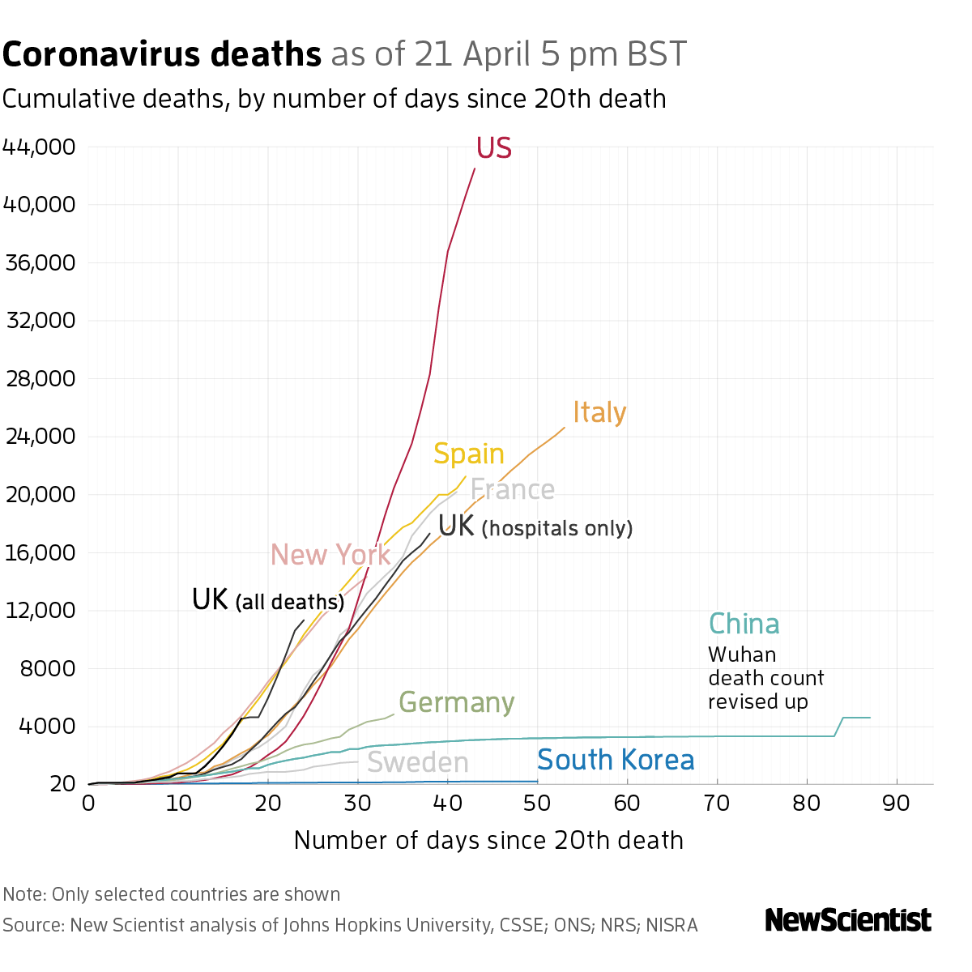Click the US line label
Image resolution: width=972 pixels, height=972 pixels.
coord(493,148)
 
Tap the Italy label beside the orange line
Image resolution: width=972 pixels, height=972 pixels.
coord(599,412)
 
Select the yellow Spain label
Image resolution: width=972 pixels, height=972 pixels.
coord(468,454)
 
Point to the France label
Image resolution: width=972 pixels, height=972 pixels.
coord(512,490)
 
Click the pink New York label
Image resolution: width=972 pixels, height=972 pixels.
coord(330,555)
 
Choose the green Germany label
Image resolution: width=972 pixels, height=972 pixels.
coord(456,702)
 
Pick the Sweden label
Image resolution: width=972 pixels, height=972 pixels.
coord(418,762)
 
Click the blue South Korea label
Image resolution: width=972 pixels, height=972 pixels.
coord(616,760)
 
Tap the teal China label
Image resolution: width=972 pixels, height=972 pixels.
coord(744,624)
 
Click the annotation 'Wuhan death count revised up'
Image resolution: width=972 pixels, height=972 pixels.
coord(765,678)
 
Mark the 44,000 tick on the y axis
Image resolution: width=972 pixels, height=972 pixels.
coord(39,147)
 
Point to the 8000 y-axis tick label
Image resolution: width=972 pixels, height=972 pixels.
coord(46,668)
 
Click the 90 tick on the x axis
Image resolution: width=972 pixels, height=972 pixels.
coord(897,804)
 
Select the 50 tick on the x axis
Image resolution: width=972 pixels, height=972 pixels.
coord(537,804)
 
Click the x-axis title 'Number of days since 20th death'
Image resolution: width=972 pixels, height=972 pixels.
coord(488,840)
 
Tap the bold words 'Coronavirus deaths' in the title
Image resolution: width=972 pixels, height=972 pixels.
coord(162,54)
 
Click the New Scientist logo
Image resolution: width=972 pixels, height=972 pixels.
coord(848,920)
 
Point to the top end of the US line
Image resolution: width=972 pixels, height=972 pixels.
coord(475,168)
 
